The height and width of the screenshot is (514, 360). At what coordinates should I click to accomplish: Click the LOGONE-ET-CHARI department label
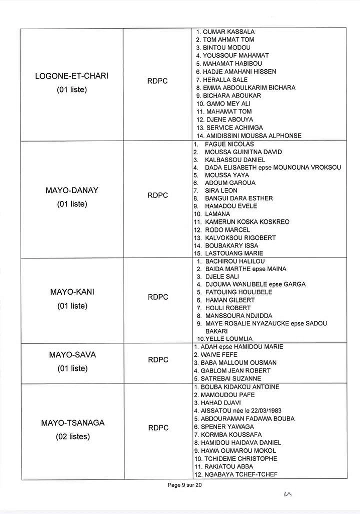click(x=72, y=76)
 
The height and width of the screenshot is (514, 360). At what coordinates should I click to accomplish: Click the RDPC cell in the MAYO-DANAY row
click(x=158, y=195)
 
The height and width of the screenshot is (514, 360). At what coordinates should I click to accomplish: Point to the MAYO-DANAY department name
click(x=72, y=191)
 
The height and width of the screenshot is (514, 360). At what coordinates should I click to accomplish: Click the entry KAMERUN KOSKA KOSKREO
click(x=247, y=222)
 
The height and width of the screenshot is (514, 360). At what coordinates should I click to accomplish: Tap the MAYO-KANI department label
click(x=72, y=292)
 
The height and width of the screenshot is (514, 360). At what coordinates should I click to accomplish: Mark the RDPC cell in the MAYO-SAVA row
click(x=158, y=360)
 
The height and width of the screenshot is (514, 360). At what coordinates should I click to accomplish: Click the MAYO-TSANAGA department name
click(x=73, y=423)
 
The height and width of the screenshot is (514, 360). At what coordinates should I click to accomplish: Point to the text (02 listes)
click(x=73, y=437)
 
